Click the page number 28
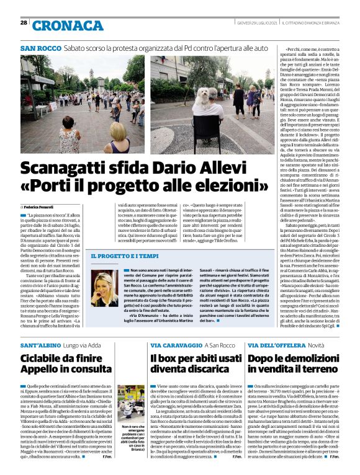click(23, 23)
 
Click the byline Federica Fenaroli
click(38, 206)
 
